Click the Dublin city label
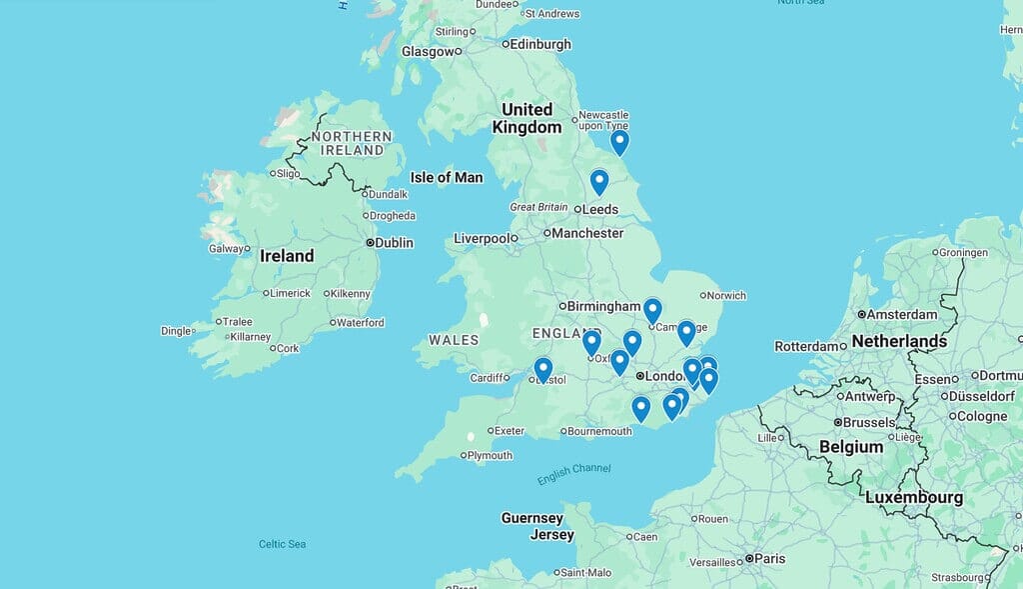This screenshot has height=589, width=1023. click(x=393, y=242)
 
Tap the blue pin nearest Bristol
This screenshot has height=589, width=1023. click(x=542, y=370)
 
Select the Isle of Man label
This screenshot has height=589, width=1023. click(x=447, y=177)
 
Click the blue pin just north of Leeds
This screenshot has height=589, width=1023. click(x=598, y=182)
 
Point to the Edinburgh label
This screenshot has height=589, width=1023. click(x=540, y=44)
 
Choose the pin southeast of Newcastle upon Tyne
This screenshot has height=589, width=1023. click(x=619, y=142)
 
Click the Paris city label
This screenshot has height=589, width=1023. click(x=769, y=558)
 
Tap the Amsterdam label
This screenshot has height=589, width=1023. click(x=902, y=314)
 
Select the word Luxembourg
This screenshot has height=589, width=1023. click(x=913, y=497)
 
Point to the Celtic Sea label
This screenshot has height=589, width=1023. click(x=282, y=544)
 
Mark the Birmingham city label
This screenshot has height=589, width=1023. click(x=604, y=306)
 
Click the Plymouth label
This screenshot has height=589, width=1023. click(x=490, y=455)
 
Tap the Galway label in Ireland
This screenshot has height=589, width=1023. click(x=225, y=248)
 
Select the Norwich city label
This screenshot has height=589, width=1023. click(x=727, y=295)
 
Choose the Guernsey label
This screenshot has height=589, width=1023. click(x=531, y=518)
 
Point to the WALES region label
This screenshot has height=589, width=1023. click(x=455, y=340)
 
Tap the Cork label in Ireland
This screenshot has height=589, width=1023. click(x=288, y=348)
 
